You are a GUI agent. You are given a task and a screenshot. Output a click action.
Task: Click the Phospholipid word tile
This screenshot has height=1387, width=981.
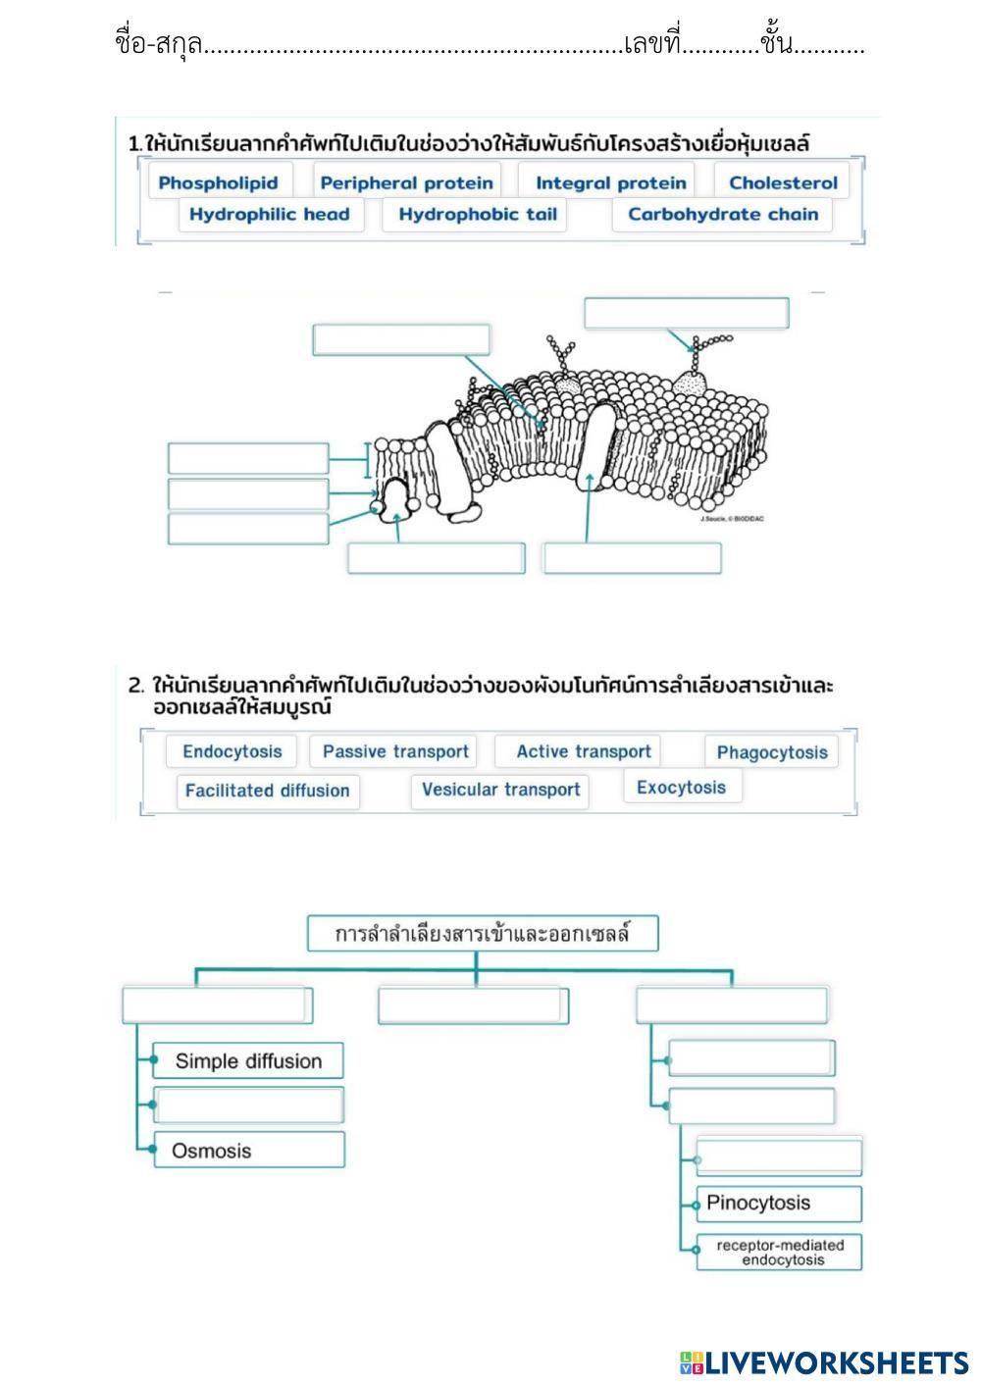tap(218, 182)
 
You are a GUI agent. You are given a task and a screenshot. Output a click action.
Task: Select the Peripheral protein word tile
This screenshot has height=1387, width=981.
tap(406, 182)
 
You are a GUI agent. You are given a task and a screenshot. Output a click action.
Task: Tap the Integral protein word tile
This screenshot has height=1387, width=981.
tap(610, 182)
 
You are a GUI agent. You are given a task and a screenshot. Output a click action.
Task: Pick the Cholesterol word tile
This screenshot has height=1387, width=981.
tap(783, 182)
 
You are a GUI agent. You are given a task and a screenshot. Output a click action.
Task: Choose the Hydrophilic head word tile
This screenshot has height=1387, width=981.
tap(269, 214)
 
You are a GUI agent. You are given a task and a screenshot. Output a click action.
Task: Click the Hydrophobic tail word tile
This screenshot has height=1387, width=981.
tap(477, 214)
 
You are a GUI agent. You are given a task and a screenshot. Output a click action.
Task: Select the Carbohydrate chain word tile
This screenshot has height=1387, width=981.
tap(722, 214)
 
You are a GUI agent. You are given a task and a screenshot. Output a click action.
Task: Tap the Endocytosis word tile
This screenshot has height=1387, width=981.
tap(232, 751)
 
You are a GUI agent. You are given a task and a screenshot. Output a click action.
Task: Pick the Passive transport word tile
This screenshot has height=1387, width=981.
tap(395, 751)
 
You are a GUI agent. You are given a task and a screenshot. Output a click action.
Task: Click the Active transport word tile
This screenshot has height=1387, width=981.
tap(583, 751)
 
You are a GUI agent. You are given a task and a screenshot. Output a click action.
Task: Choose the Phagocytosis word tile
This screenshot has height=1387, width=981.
tap(771, 752)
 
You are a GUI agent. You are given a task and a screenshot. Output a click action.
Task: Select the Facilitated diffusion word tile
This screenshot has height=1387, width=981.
tap(267, 791)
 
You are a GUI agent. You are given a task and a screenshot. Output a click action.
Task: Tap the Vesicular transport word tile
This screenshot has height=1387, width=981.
tap(500, 790)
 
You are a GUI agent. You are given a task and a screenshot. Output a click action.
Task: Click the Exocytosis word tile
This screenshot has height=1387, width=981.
tap(681, 787)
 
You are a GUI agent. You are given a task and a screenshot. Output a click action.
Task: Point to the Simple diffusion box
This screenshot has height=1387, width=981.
tap(248, 1060)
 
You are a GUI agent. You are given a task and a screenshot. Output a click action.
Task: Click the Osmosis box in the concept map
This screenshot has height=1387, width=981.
tap(248, 1151)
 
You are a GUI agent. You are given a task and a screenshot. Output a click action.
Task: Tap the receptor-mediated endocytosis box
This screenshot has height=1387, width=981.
tap(779, 1252)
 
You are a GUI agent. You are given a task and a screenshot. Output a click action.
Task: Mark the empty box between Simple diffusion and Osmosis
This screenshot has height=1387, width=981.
tap(248, 1104)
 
